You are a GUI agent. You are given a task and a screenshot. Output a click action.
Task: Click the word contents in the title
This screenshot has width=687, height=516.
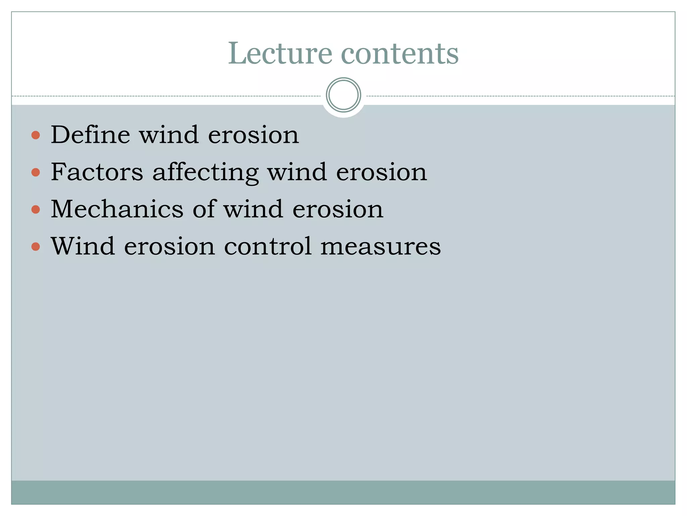pos(400,54)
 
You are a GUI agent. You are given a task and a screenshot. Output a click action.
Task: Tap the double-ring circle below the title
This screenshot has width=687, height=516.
pos(343,95)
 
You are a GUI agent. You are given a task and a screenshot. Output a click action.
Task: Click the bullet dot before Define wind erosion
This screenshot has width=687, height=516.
pos(36,135)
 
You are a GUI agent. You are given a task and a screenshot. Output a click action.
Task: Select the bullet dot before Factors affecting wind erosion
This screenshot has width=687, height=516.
pos(36,173)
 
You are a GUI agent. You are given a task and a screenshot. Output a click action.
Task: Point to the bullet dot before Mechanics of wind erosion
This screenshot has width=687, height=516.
pos(36,210)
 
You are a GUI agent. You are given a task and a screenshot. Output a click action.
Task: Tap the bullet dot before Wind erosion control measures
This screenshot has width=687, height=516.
pos(36,247)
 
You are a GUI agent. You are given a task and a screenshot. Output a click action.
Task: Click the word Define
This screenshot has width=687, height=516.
pos(90,135)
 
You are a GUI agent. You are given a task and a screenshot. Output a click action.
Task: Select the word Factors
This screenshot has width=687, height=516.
pos(97,172)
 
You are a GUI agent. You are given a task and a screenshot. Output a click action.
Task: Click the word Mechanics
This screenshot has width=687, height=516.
pos(117,209)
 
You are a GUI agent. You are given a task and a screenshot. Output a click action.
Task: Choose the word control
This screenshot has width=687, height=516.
pos(268,246)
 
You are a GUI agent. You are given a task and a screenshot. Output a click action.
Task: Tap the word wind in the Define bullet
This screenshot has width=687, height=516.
pos(169,135)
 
